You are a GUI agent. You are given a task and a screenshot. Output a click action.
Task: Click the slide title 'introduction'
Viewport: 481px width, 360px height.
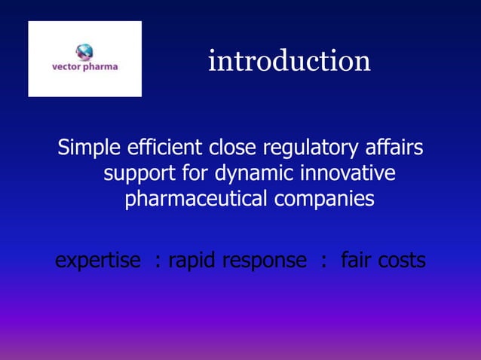[290, 61]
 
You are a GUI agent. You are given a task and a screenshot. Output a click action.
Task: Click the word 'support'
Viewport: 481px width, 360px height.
[142, 175]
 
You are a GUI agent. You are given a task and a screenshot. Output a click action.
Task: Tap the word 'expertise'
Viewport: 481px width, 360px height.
[98, 261]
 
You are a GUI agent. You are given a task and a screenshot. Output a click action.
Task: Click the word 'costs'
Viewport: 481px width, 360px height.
[401, 261]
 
